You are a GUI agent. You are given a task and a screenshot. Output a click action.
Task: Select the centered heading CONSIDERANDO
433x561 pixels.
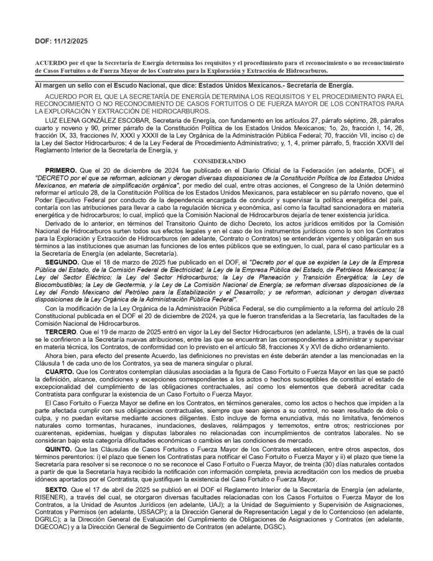click(x=216, y=161)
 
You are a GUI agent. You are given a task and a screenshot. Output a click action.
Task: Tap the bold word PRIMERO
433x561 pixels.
click(x=61, y=170)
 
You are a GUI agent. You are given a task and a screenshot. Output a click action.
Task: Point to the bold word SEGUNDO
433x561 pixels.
click(x=62, y=263)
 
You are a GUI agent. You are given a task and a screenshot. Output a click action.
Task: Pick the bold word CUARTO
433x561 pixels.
click(x=60, y=372)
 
